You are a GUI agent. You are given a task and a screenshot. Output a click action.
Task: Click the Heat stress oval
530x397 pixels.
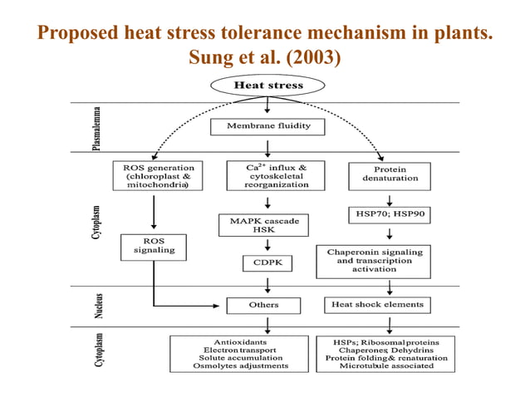(x=267, y=85)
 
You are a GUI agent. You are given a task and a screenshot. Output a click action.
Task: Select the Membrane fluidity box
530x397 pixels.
(x=267, y=127)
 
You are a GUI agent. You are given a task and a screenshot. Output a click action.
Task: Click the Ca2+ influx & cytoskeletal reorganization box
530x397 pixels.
(x=267, y=176)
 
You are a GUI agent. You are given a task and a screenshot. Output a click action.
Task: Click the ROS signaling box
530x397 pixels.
(x=154, y=247)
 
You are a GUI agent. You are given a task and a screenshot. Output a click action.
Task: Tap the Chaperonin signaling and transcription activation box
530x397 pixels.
(x=386, y=259)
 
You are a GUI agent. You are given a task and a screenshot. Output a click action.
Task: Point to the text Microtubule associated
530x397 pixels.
(x=385, y=365)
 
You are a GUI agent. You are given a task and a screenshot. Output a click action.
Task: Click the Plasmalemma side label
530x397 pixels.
(x=97, y=128)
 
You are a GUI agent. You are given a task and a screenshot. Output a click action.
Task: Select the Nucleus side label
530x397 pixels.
(x=97, y=306)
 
